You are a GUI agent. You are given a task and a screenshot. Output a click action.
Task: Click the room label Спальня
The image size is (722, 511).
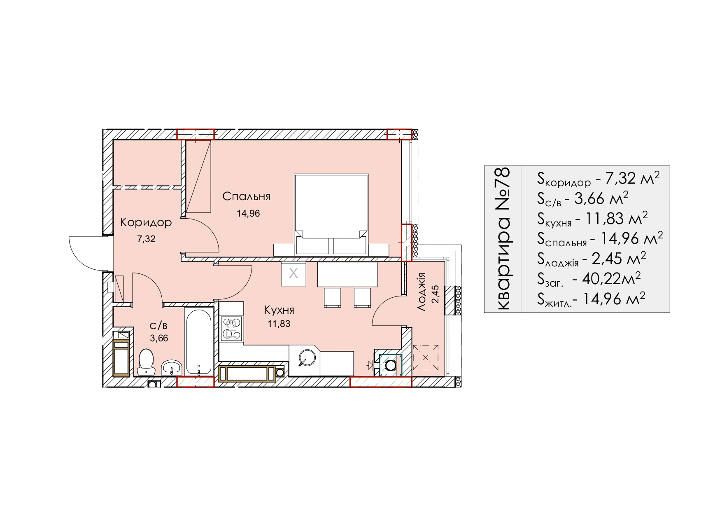(x=246, y=196)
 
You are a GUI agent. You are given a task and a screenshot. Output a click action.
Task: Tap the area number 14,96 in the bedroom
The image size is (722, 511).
(x=248, y=213)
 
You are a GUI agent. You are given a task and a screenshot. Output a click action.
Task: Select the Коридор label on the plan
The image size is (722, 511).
(x=146, y=223)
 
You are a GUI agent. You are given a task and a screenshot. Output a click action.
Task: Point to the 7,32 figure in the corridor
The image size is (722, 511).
(x=146, y=239)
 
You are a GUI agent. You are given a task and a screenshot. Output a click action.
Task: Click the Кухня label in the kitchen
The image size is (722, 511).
(x=279, y=310)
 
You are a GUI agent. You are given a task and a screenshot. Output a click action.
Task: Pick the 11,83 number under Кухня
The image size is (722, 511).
(x=279, y=324)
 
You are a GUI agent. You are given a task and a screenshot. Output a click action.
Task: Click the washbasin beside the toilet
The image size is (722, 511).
(x=171, y=367)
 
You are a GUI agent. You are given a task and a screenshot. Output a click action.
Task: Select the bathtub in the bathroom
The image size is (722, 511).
(x=199, y=341)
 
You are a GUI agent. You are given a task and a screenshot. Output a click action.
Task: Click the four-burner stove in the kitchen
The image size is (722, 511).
(x=232, y=327)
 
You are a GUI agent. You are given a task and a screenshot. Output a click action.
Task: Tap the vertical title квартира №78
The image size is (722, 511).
(x=503, y=239)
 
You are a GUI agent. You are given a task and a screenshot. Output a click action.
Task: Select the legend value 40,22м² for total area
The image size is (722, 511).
(x=611, y=279)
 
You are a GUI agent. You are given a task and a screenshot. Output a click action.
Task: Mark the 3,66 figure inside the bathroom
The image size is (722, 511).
(x=159, y=338)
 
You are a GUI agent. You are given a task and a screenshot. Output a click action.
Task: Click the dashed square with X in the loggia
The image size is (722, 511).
(x=426, y=357)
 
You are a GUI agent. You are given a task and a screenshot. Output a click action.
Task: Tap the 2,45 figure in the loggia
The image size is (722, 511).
(x=435, y=294)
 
